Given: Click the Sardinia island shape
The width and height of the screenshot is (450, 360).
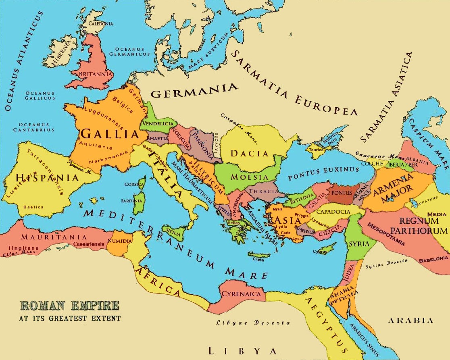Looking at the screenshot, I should [139, 204].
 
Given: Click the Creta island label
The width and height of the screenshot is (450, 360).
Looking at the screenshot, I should [258, 260].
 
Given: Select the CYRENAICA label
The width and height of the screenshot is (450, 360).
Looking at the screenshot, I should [241, 294].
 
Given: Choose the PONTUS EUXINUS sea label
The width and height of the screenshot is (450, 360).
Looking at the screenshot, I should [323, 174].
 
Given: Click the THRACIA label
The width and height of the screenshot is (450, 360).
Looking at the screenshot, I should [263, 191].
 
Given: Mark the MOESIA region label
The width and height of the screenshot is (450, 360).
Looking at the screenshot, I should [249, 177].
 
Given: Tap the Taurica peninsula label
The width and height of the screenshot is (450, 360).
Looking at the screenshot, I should [316, 150].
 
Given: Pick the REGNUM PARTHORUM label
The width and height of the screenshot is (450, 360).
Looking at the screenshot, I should [423, 226].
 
